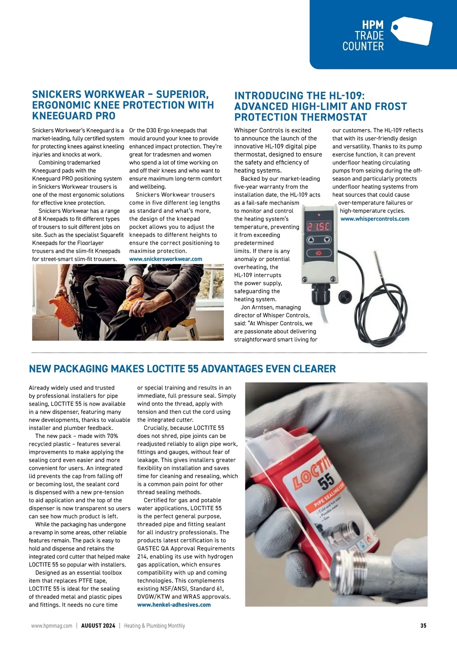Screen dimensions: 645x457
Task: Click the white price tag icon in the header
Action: coord(412,30)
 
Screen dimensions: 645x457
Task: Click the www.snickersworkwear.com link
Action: coord(166,259)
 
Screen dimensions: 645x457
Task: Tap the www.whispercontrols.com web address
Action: coord(375,219)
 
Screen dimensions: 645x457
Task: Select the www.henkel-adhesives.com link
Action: coord(174,605)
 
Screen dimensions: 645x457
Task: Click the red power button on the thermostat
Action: coord(319,253)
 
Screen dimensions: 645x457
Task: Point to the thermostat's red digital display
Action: coord(319,226)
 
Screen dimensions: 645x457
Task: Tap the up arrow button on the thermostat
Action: coord(311,240)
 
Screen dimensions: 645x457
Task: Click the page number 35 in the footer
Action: coord(423,626)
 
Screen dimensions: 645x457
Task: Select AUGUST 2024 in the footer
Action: coord(98,626)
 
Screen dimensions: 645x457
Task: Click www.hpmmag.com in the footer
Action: coord(52,626)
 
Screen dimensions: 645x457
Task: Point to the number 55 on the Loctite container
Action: coord(326,482)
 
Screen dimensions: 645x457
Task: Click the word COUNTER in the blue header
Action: coord(363,46)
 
